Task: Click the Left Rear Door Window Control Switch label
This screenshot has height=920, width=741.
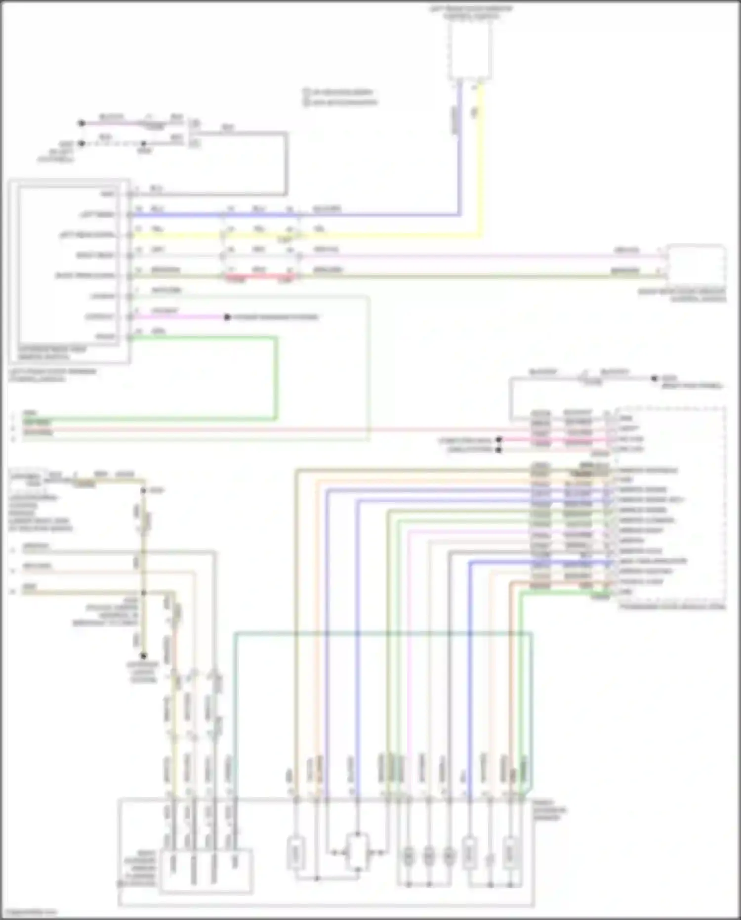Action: pos(471,13)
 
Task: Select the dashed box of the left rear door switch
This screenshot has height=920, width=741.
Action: pos(470,49)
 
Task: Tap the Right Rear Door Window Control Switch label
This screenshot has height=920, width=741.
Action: pos(682,295)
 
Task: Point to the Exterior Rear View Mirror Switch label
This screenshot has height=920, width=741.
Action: pos(51,352)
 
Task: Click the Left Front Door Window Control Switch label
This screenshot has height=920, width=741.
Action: pos(52,375)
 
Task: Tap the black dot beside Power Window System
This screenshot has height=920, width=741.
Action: pos(227,317)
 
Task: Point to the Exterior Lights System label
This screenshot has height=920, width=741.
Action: pos(144,672)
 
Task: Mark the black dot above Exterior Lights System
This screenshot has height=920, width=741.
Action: pos(143,656)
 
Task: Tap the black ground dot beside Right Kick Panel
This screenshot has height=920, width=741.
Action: pos(654,378)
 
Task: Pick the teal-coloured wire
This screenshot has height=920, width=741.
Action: pos(383,633)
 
